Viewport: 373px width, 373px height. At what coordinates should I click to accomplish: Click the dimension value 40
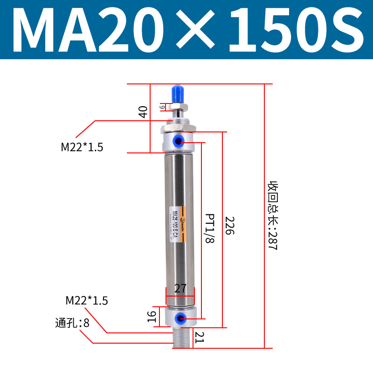pyautogui.click(x=143, y=112)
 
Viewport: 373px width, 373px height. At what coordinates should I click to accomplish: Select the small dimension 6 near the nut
pyautogui.click(x=162, y=107)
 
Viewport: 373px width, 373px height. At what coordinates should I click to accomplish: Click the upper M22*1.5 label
pyautogui.click(x=82, y=147)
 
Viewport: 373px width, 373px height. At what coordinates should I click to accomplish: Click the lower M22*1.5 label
pyautogui.click(x=87, y=301)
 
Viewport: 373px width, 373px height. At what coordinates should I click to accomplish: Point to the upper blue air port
pyautogui.click(x=180, y=140)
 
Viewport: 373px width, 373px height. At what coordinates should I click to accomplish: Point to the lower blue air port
pyautogui.click(x=179, y=318)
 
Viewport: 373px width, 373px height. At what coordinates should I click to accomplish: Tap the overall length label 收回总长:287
pyautogui.click(x=272, y=215)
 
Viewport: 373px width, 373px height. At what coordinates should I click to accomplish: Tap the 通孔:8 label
pyautogui.click(x=72, y=323)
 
